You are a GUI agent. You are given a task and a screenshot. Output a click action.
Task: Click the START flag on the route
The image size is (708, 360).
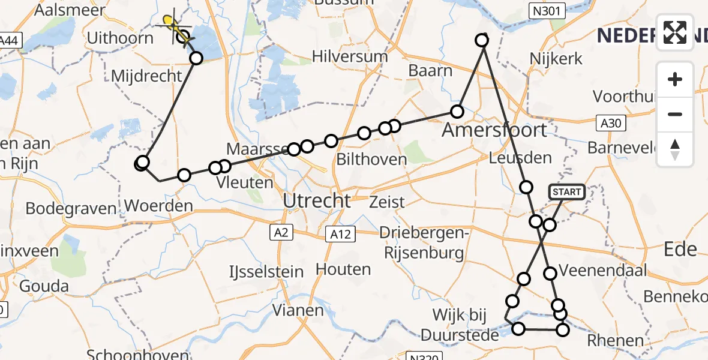[566, 192]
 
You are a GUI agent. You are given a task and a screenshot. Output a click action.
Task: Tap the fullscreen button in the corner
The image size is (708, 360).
[675, 32]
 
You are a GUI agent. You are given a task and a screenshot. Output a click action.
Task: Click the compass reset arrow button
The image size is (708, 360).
[675, 149]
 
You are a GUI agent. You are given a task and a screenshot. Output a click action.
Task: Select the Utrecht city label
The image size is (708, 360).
[316, 201]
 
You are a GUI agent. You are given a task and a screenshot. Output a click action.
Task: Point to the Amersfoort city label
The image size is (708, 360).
[494, 130]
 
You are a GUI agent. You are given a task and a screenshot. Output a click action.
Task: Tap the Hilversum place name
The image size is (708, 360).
[350, 57]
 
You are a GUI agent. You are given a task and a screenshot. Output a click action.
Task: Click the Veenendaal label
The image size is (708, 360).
[603, 271]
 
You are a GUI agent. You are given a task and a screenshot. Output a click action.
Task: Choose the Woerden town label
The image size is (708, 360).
[159, 206]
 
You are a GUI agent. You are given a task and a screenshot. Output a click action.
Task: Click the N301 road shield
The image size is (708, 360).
[542, 10]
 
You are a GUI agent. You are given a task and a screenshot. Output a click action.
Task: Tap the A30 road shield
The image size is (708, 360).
[611, 124]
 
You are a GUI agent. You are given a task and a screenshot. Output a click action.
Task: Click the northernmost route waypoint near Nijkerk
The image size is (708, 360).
[482, 40]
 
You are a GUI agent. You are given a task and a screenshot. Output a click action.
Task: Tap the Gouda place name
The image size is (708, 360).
[44, 286]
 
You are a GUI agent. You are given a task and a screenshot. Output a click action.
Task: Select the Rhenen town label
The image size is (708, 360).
[614, 341]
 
